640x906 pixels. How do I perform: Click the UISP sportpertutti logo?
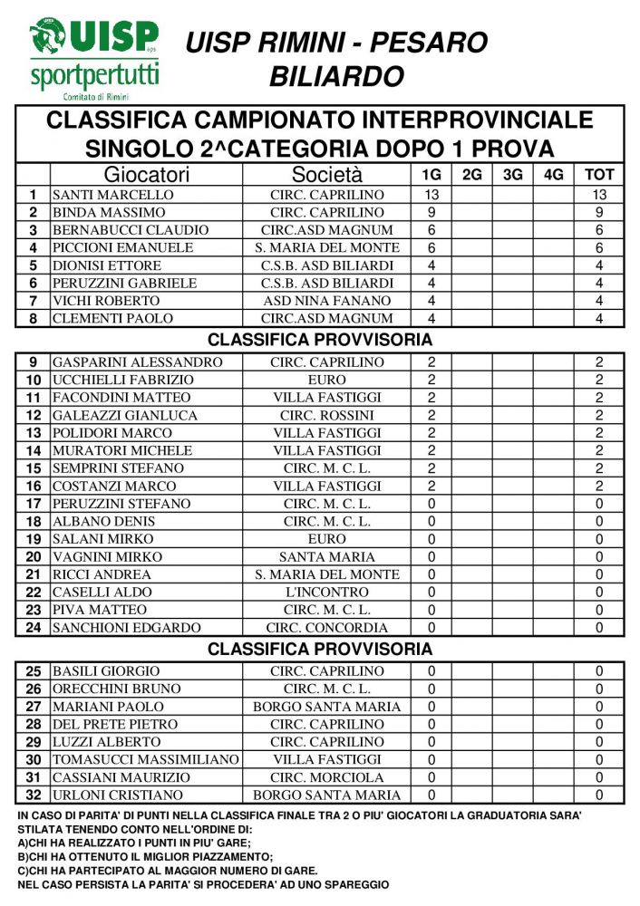coord(93,56)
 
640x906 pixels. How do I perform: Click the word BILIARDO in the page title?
coord(336,76)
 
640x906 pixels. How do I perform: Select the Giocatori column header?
coord(146,175)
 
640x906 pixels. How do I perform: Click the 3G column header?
coord(512,175)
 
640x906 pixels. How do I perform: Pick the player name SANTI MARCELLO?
coord(112,195)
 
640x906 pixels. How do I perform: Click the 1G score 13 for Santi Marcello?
coord(432,195)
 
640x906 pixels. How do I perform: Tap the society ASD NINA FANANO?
coord(326,301)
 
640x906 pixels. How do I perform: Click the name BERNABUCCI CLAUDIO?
coord(125,230)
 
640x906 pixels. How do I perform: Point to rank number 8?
coord(34,319)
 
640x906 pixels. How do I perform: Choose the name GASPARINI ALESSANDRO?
coord(138,362)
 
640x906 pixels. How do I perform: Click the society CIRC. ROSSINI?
coord(326,416)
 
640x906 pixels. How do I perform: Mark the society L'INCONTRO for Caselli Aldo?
coord(326,593)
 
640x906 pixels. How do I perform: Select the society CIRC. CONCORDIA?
coord(326,628)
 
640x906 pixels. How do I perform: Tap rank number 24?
coord(34,628)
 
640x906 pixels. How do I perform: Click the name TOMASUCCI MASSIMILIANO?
coord(145,760)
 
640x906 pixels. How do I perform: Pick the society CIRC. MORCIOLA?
coord(326,777)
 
